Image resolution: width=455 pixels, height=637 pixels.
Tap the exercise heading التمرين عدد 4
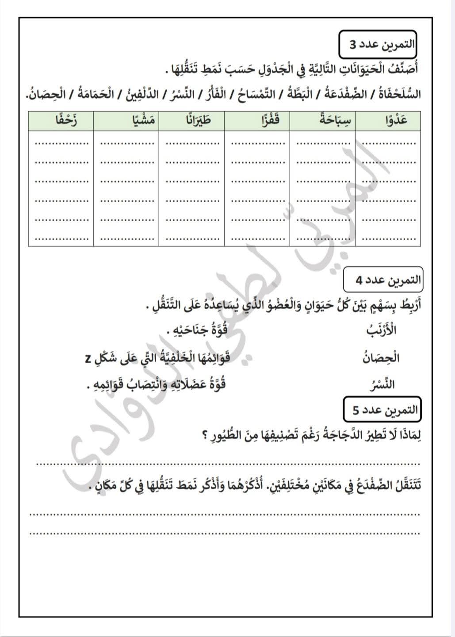click(383, 280)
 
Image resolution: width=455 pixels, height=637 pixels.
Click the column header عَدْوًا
click(391, 120)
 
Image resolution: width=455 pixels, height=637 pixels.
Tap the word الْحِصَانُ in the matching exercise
click(381, 357)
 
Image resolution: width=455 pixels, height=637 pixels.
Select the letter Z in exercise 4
click(88, 359)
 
